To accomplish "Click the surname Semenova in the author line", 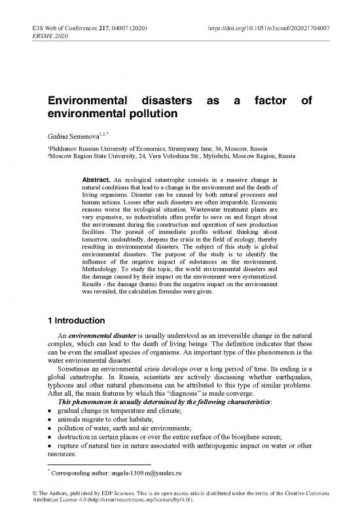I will (x=88, y=136).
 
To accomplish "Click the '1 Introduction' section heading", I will (x=80, y=321).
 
